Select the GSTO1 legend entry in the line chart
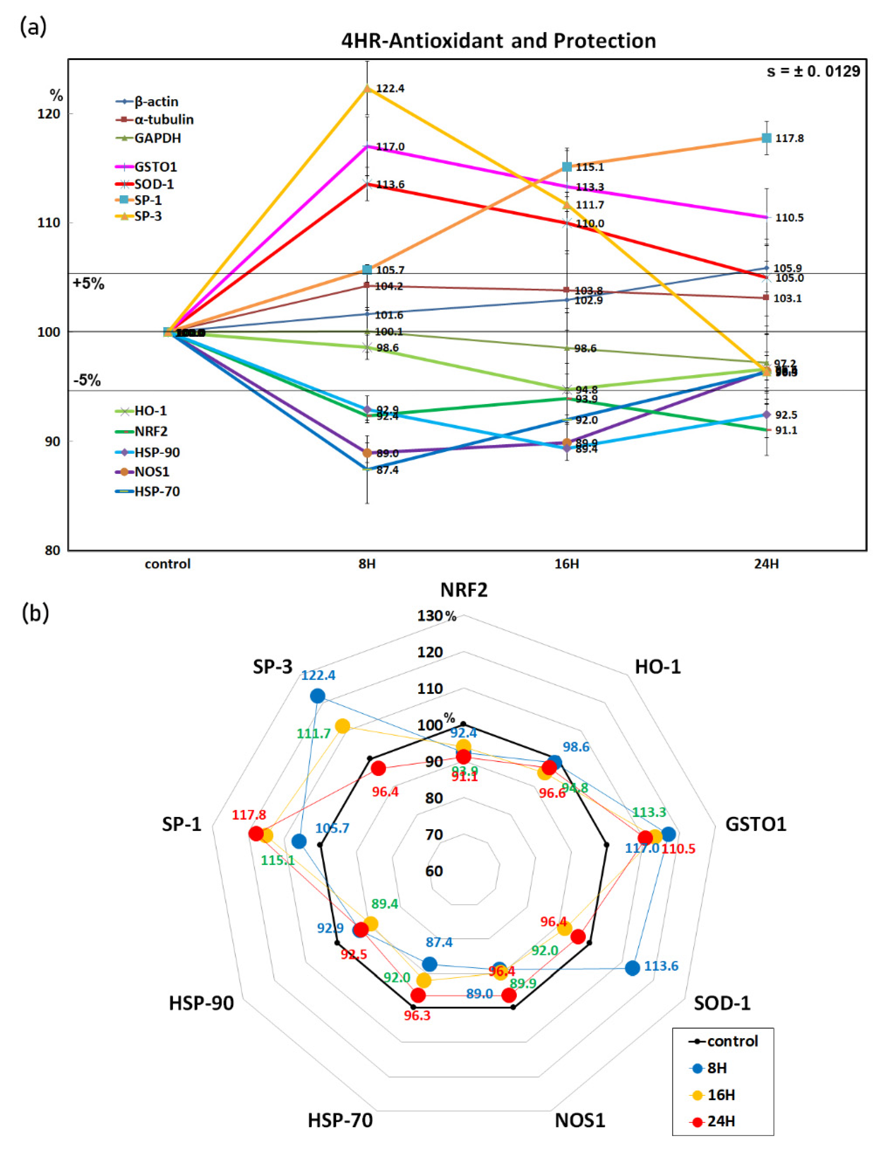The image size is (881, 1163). [155, 167]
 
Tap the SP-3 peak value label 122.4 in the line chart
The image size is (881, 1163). [390, 88]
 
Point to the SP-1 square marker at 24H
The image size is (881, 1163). [766, 138]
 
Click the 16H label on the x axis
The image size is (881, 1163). [567, 564]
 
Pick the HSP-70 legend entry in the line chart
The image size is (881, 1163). [156, 492]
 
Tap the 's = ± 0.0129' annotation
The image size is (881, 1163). [813, 71]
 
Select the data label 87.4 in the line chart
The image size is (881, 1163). [388, 470]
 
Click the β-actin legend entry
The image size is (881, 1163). [156, 101]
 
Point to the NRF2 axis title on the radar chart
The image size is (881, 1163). [464, 590]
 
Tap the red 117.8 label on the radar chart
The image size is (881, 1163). [249, 815]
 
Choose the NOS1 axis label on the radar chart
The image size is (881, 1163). [580, 1120]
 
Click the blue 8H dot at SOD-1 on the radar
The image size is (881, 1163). [632, 968]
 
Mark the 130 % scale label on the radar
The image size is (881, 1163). [436, 616]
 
